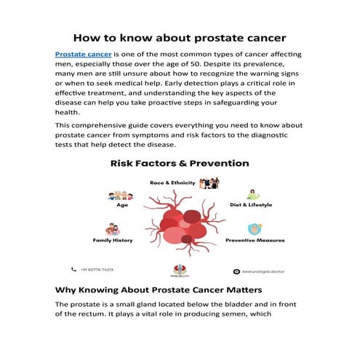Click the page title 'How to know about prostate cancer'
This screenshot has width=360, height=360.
tap(180, 37)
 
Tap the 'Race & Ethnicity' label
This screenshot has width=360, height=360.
tap(172, 183)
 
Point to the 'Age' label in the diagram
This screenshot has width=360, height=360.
tap(122, 205)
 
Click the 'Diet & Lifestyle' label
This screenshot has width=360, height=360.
tap(250, 205)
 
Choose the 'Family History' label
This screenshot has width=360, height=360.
tap(112, 240)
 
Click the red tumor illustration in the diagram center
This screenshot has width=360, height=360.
tap(182, 222)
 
